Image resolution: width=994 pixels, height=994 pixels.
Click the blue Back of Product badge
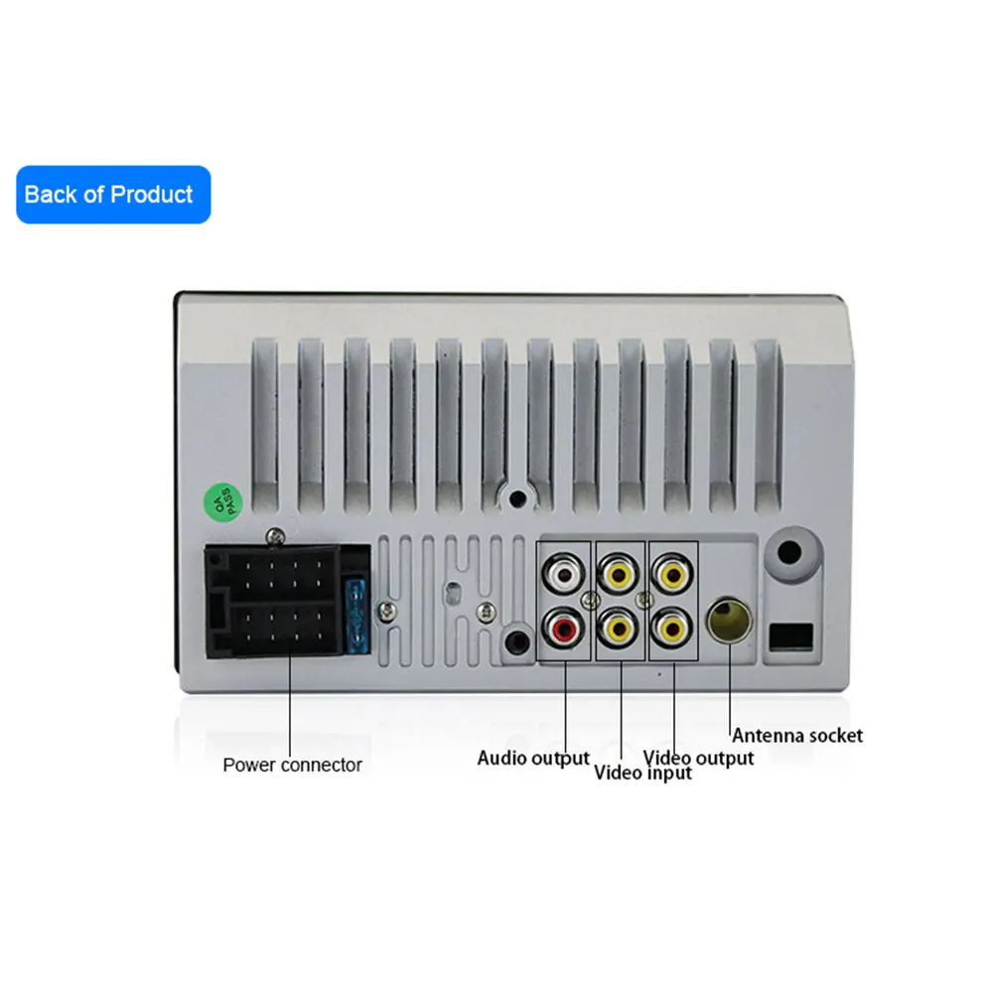click(x=113, y=195)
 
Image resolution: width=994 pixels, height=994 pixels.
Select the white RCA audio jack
click(x=565, y=573)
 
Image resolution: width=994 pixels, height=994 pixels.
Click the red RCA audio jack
click(x=565, y=628)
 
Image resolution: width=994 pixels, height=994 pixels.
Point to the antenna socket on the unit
click(x=729, y=623)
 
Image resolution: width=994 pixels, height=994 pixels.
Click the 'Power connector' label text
click(x=292, y=765)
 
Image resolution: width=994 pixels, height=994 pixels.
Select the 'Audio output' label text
click(x=533, y=759)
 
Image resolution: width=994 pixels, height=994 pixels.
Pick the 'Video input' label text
click(x=642, y=774)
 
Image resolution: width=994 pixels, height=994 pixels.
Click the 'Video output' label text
click(x=698, y=759)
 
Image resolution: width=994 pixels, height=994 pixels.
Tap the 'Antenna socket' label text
click(x=797, y=736)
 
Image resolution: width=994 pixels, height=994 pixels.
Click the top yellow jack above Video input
click(x=620, y=573)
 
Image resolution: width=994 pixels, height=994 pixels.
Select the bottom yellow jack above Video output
click(x=673, y=628)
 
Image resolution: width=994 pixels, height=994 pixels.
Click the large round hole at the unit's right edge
click(x=791, y=553)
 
